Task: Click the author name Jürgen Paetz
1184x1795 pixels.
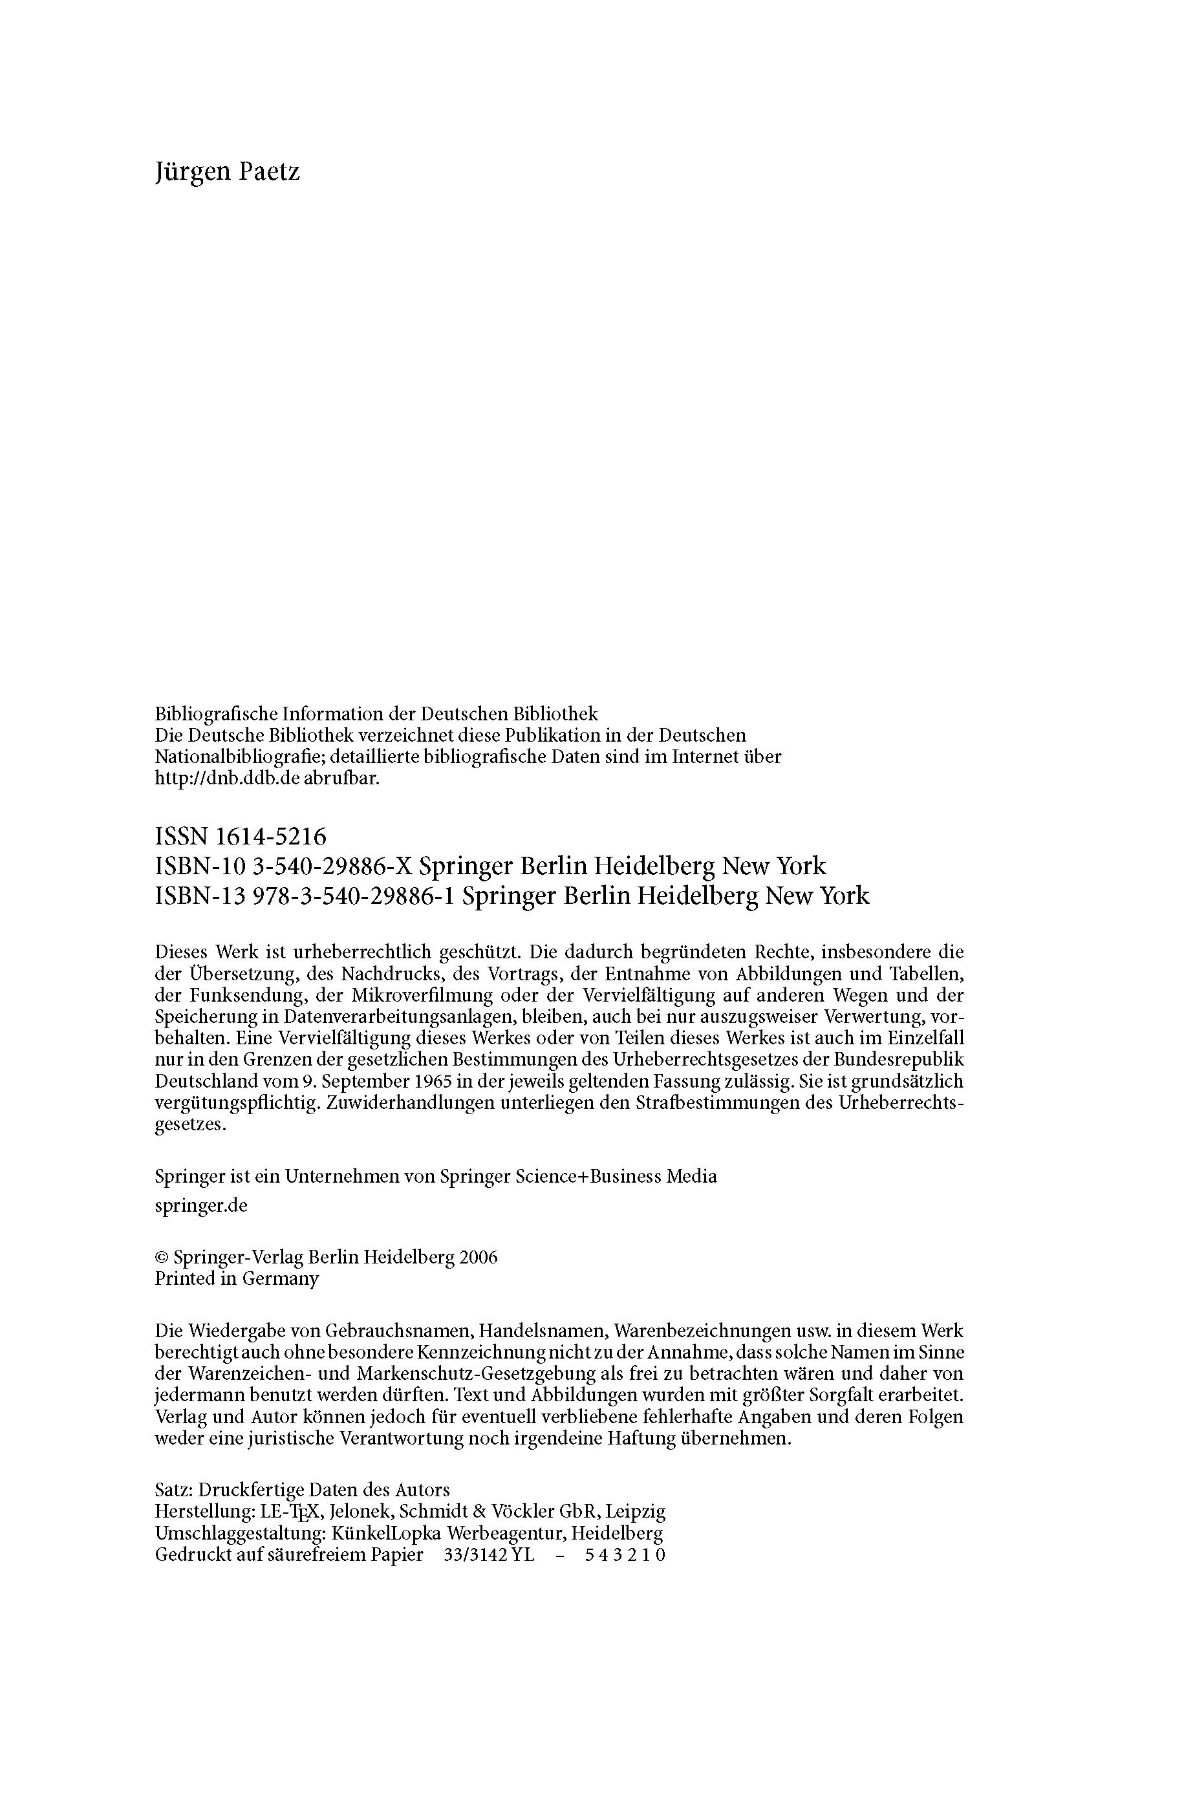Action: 227,172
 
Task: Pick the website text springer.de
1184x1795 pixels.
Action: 201,1205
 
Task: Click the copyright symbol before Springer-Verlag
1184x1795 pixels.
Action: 161,1258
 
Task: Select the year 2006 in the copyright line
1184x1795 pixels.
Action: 478,1258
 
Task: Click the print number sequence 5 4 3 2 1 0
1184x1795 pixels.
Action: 625,1555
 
